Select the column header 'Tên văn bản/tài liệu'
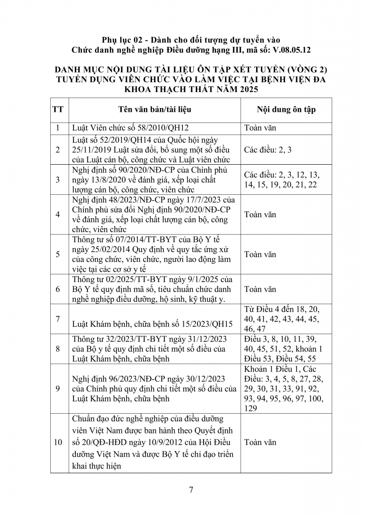[x=155, y=109]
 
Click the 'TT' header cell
[x=58, y=109]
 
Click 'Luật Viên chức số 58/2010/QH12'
[x=131, y=128]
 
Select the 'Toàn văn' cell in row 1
[x=260, y=128]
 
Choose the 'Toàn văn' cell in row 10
[x=260, y=442]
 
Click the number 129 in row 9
[x=251, y=408]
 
